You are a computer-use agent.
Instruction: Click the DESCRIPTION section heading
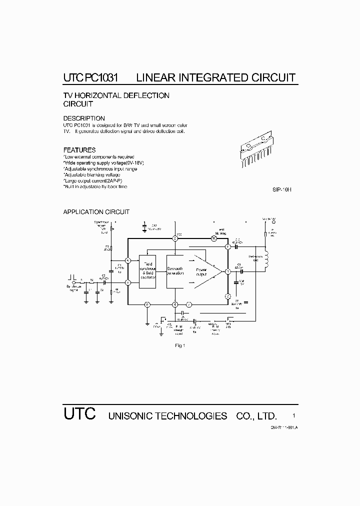coord(84,118)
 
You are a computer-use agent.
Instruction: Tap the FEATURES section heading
coord(79,150)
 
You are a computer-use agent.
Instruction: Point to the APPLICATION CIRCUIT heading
coord(96,212)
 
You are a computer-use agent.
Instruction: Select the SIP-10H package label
coord(281,190)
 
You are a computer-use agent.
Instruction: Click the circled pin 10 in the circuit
coord(213,238)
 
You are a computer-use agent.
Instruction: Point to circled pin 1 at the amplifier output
coord(227,271)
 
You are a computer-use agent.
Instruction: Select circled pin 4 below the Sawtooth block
coord(175,304)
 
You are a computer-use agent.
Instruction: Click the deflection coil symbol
coord(266,259)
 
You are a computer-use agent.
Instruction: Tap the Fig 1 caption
coord(180,345)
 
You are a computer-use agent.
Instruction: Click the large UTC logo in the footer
coord(79,415)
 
